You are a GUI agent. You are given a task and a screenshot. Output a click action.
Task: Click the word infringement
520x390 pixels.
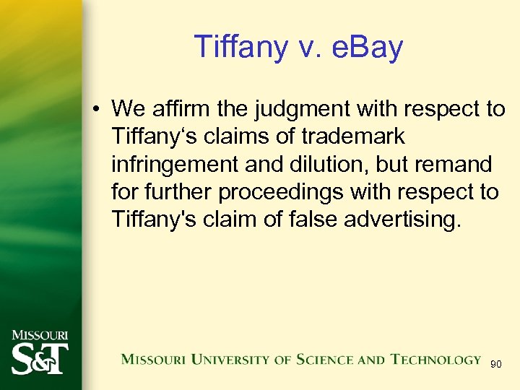coord(173,164)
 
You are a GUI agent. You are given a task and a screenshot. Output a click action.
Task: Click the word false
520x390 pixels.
coord(309,219)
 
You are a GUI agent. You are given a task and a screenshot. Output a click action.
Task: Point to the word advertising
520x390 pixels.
coord(401,219)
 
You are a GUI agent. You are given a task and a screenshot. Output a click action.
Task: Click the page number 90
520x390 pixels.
coord(496,365)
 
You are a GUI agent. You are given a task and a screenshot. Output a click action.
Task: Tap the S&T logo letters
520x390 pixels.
coord(40,357)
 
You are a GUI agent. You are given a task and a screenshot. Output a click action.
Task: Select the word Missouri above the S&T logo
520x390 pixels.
coord(40,335)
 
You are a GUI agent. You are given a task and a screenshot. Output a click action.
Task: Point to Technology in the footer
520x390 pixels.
coord(435,360)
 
